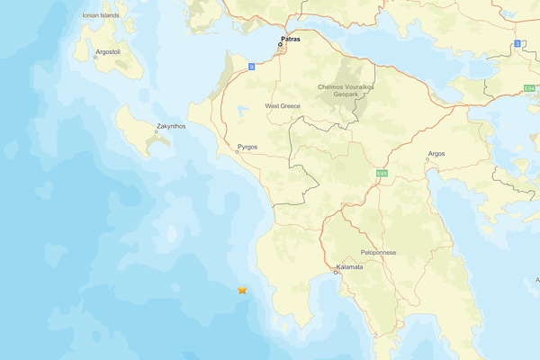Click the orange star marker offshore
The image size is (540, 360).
[242, 290]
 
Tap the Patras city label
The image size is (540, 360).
[290, 40]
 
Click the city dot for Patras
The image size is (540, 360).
[280, 44]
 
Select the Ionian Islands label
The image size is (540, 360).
[100, 15]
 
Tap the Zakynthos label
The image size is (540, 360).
[171, 126]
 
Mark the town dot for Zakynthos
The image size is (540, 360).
[155, 132]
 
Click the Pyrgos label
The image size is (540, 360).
[247, 146]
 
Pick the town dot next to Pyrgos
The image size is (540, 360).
[237, 152]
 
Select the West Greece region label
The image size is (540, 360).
[283, 106]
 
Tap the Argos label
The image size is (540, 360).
[436, 154]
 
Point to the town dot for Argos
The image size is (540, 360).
[427, 160]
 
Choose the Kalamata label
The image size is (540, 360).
[349, 267]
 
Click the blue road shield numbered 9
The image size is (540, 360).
[252, 67]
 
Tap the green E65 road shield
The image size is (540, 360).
[382, 172]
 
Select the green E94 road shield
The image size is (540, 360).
[529, 88]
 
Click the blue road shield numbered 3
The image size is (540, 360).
[517, 43]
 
